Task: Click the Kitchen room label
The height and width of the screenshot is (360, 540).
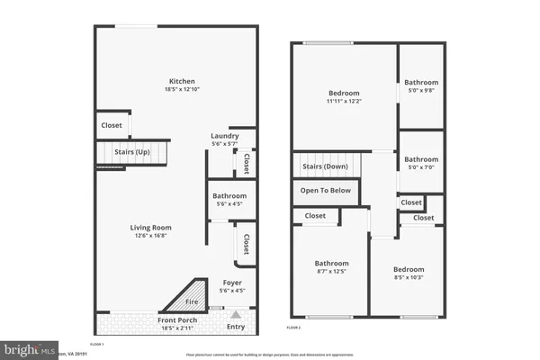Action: (x=176, y=80)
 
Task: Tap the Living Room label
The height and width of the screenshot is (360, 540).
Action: (x=150, y=228)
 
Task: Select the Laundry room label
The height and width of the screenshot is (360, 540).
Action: (x=224, y=136)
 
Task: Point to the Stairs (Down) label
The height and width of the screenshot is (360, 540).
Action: (x=325, y=166)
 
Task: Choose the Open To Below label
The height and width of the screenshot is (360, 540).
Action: (x=325, y=191)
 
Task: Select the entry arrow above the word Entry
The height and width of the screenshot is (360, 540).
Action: (x=236, y=315)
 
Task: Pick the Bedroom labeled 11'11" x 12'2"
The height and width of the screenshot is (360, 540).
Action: (x=344, y=93)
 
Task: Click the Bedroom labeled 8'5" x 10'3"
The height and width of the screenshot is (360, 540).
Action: (x=408, y=269)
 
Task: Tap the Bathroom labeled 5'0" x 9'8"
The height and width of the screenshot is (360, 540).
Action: (x=421, y=83)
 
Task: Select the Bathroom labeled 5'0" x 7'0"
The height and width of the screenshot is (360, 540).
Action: (x=421, y=158)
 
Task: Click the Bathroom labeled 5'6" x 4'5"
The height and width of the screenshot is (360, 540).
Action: (x=229, y=195)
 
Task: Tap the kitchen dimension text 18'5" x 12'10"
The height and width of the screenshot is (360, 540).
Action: (x=176, y=89)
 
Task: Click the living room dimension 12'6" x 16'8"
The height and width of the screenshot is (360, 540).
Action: (x=150, y=237)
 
